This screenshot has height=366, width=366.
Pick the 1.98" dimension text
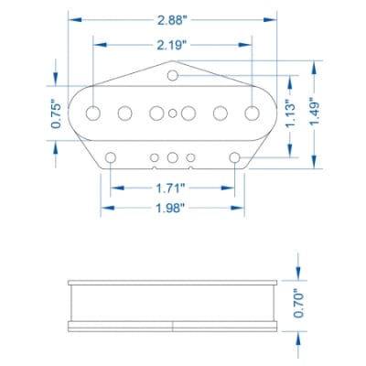[x=171, y=209]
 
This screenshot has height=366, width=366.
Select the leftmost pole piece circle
[x=93, y=113]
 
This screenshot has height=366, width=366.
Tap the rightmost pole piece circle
[x=251, y=113]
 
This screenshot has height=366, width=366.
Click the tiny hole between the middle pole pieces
[x=173, y=113]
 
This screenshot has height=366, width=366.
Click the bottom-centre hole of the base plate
[x=173, y=157]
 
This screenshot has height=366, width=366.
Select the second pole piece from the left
[x=124, y=113]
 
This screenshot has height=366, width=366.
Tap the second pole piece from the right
[x=220, y=113]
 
